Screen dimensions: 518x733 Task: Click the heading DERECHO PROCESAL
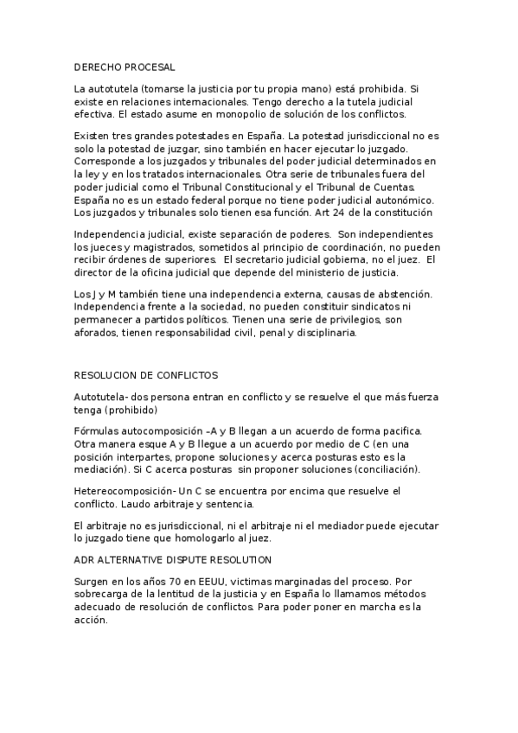point(125,67)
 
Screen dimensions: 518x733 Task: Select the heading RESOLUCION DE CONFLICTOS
point(147,376)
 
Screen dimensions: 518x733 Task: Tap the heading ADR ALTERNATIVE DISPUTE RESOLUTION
point(173,560)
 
